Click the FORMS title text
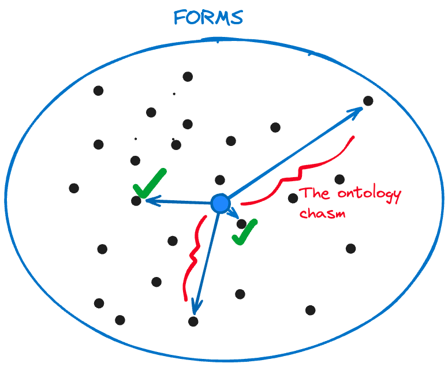(208, 17)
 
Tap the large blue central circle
(220, 203)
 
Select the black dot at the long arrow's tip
(368, 101)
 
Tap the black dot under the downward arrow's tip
(193, 321)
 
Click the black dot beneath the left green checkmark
(136, 201)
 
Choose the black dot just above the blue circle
(220, 180)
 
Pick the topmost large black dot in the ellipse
(188, 76)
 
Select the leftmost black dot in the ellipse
(74, 188)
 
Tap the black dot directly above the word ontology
(339, 179)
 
